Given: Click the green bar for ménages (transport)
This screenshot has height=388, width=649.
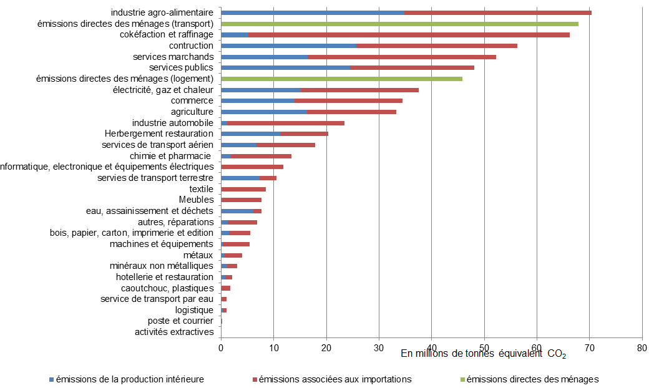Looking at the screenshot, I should tap(399, 24).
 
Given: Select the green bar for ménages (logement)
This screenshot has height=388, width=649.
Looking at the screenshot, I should tap(341, 79).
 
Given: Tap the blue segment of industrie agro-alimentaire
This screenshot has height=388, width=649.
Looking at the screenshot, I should tap(312, 12).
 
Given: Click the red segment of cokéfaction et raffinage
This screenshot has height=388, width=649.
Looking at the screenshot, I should tap(409, 34).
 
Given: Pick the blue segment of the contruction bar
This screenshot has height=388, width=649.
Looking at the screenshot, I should tap(288, 46).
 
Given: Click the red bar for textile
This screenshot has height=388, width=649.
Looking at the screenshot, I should tap(243, 189).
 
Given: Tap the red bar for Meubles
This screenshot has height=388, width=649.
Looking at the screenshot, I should tap(241, 200).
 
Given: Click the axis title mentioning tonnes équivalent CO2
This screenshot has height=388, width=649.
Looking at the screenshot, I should tap(483, 354).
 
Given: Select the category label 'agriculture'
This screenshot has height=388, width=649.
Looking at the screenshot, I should tap(192, 112).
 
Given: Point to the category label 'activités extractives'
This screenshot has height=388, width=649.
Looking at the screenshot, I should tap(174, 332).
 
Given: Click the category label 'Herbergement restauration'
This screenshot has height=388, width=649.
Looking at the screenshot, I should tap(159, 133).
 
